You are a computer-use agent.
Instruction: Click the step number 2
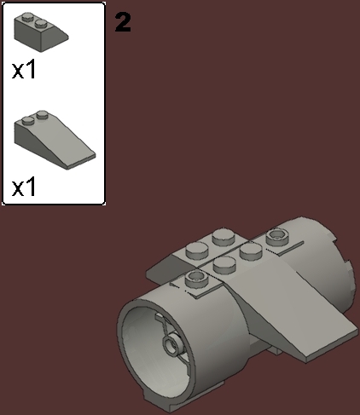(x=123, y=22)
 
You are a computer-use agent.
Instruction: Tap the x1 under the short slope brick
(x=25, y=70)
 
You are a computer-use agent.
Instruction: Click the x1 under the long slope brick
(x=25, y=187)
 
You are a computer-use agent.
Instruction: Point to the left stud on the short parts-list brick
(x=29, y=17)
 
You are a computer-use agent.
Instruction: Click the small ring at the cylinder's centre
(x=170, y=345)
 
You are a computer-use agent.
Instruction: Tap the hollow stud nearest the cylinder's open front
(x=195, y=280)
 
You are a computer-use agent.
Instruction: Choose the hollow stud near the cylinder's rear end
(x=276, y=233)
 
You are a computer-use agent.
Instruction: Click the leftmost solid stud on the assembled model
(x=196, y=250)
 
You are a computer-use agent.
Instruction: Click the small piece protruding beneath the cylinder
(x=273, y=349)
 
